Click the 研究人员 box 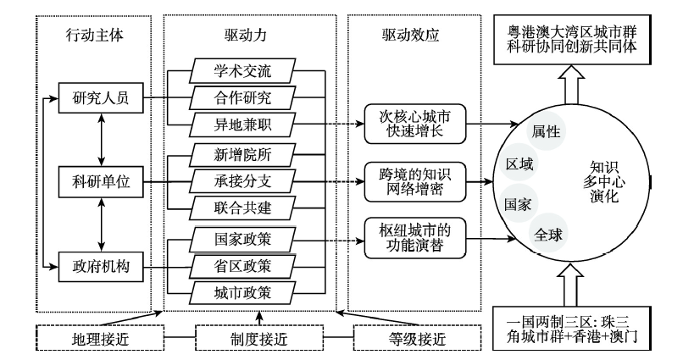pos(101,98)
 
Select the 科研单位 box pos(101,181)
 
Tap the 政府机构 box pos(101,266)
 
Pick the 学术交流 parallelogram pos(242,70)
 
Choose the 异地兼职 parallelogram pos(242,125)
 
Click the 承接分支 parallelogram pos(242,180)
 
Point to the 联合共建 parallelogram pos(242,208)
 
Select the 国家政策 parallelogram pos(242,239)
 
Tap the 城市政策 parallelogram pos(242,293)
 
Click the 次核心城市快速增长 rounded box pos(414,124)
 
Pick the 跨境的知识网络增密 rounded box pos(414,181)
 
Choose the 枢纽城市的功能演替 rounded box pos(414,238)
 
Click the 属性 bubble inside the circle pos(546,131)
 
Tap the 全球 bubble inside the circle pos(547,235)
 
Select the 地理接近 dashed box pos(100,338)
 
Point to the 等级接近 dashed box pos(417,338)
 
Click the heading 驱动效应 pos(410,36)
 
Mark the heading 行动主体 pos(95,36)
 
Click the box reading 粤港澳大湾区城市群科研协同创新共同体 pos(572,40)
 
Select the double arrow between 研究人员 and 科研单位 pos(102,140)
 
